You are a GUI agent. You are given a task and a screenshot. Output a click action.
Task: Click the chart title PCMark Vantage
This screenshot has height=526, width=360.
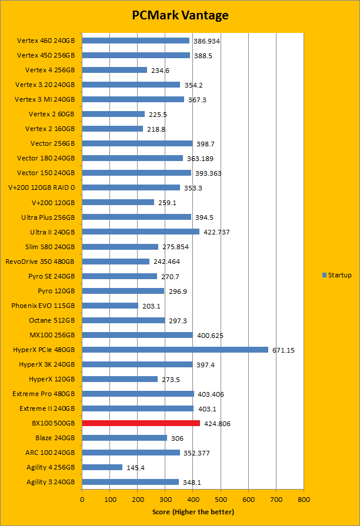[180, 15]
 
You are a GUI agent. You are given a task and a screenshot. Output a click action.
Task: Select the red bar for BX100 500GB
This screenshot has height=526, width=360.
[141, 423]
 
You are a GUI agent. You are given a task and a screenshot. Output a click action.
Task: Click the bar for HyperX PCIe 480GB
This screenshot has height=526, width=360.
[175, 350]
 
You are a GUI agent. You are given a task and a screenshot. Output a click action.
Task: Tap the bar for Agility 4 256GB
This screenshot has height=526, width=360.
[102, 467]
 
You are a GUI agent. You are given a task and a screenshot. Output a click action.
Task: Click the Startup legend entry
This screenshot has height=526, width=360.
[337, 275]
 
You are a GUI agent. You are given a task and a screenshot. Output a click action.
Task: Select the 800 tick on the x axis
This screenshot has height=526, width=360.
[304, 500]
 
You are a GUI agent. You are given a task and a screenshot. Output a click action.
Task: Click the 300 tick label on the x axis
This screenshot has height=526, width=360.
[165, 500]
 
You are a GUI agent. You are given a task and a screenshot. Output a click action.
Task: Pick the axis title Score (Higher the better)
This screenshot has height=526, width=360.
[194, 512]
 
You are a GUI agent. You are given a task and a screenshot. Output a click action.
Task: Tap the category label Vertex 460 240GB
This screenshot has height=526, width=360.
[46, 41]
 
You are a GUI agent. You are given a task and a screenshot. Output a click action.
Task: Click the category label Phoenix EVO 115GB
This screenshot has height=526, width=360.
[43, 306]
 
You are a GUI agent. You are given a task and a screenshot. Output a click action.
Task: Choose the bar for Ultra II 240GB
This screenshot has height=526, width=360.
[141, 232]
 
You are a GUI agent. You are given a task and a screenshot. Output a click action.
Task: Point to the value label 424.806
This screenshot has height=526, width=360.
[217, 423]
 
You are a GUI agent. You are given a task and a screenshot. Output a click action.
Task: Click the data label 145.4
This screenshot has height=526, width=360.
[136, 467]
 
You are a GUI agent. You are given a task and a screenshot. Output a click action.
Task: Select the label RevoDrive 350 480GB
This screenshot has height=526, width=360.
[40, 262]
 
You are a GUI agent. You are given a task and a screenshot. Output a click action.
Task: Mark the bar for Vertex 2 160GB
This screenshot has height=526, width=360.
[112, 129]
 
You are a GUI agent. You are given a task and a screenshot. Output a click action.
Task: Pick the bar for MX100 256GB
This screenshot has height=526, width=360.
[137, 335]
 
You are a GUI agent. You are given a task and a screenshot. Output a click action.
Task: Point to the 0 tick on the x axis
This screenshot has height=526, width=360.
[82, 500]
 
